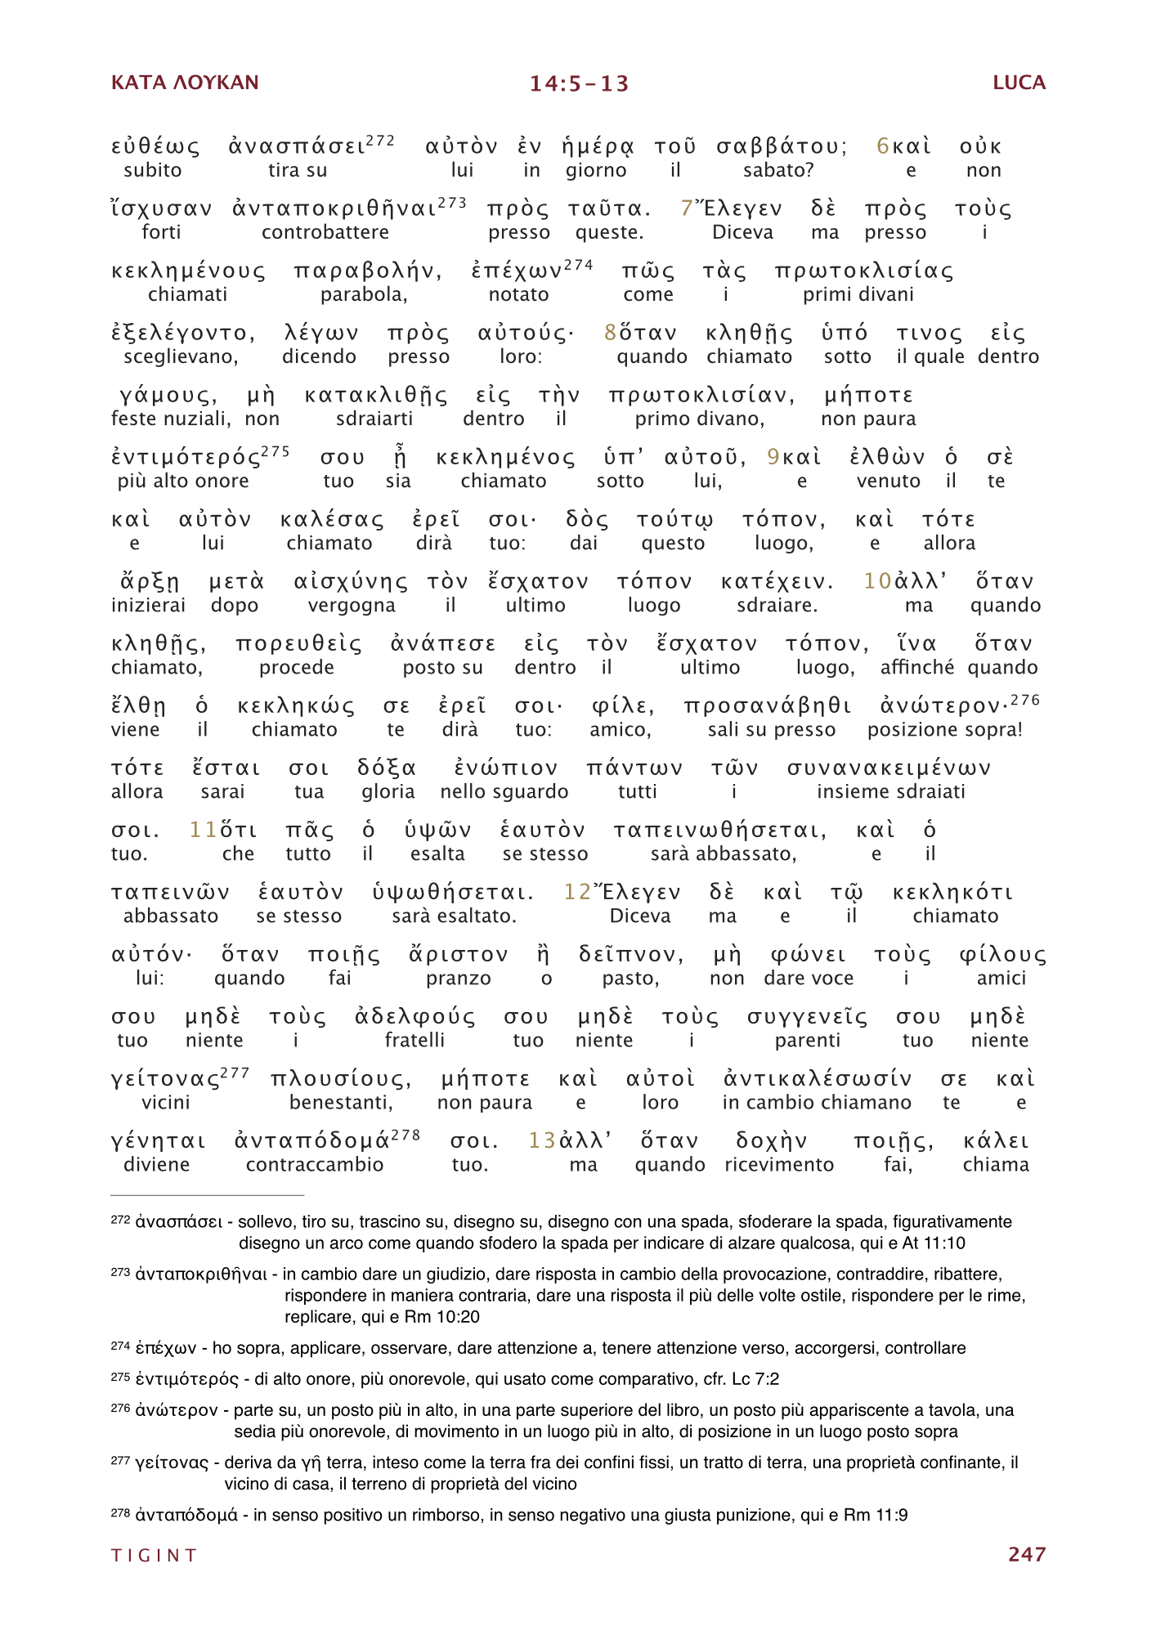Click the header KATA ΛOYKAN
click(185, 83)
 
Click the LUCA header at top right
click(1019, 83)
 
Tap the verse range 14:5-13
click(579, 83)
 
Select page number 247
click(1027, 1554)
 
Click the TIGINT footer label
click(155, 1555)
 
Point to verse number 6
click(883, 146)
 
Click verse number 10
click(877, 581)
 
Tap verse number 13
click(542, 1140)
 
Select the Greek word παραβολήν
click(368, 271)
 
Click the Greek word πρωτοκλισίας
click(864, 271)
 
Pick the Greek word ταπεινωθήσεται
click(719, 831)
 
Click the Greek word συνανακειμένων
click(889, 768)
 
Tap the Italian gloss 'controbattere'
click(325, 232)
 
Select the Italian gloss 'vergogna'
click(352, 606)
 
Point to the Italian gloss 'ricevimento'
click(779, 1165)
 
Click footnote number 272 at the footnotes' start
click(120, 1220)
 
